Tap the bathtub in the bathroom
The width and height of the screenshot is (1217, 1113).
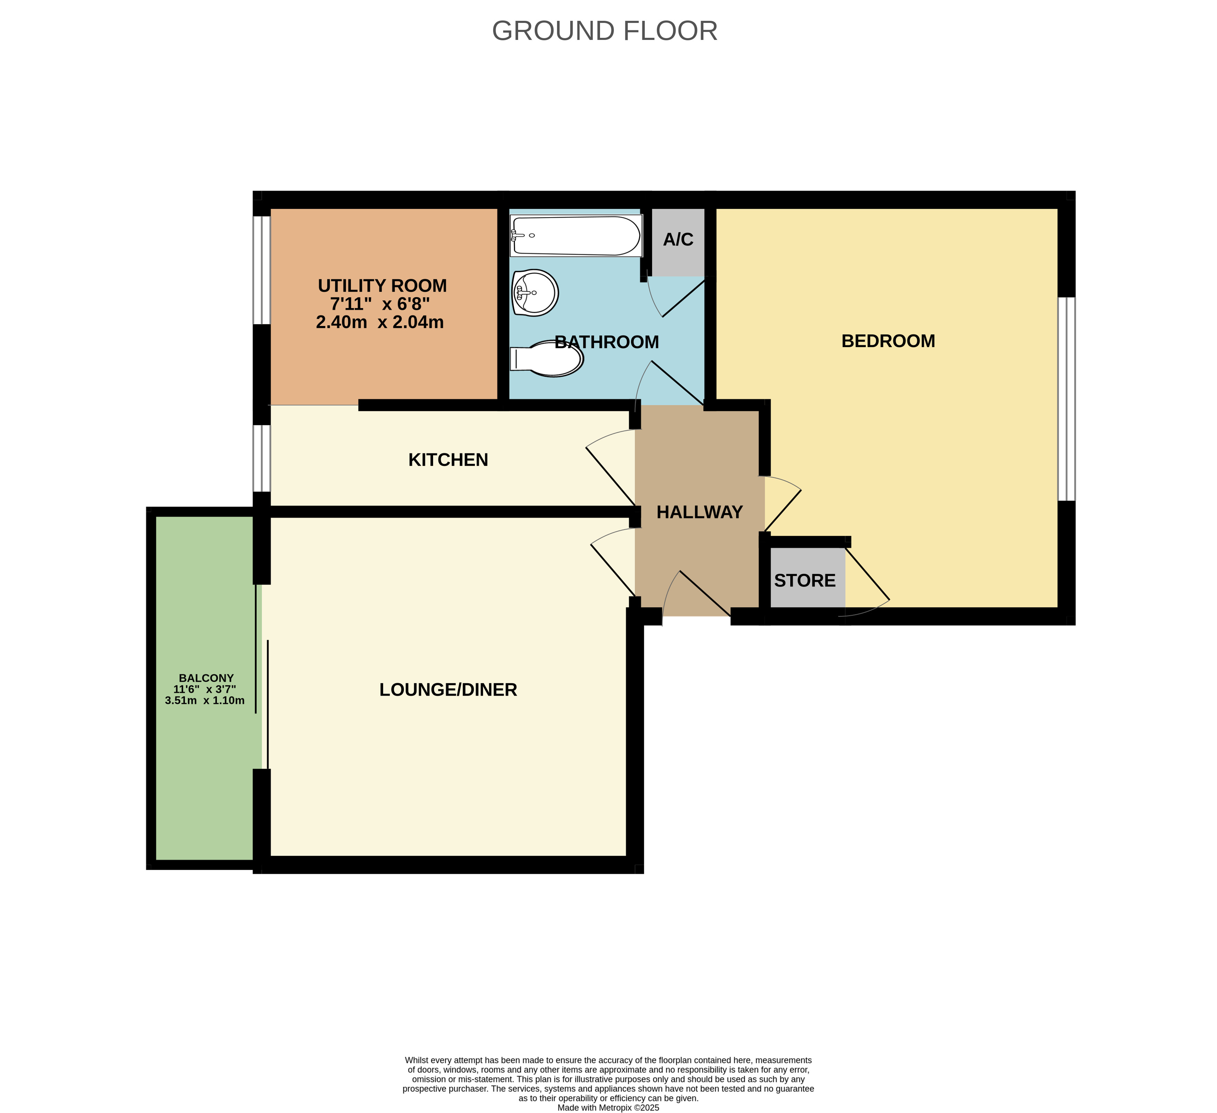coord(575,235)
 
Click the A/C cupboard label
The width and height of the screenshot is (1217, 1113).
coord(678,240)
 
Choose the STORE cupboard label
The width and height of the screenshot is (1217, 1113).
coord(805,580)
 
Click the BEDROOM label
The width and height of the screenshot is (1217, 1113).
coord(888,341)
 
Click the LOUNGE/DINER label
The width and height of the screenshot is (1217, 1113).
coord(448,690)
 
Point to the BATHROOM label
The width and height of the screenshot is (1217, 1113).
coord(607,342)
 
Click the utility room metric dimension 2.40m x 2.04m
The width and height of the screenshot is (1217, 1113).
coord(380,322)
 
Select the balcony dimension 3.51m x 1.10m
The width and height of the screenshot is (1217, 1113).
coord(205,701)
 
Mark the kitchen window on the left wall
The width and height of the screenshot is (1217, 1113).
coord(261,458)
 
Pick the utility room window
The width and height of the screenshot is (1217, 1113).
coord(261,270)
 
